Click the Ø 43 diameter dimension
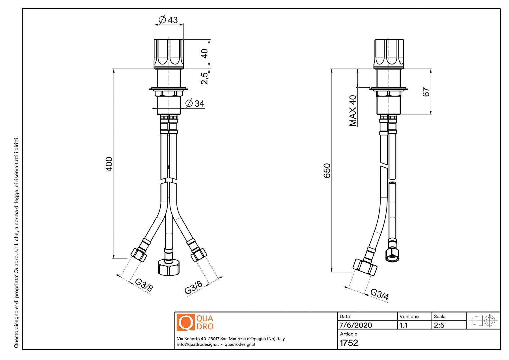pos(169,20)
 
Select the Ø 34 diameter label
pos(195,104)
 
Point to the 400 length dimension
pos(109,164)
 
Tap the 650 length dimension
pos(327,171)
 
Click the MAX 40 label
pos(353,111)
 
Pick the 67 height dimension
pos(426,92)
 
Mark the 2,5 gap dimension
pos(204,78)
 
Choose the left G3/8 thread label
pos(144,285)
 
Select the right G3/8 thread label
pos(193,287)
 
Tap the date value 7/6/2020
pos(355,325)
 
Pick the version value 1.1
pos(404,325)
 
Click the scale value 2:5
pos(439,325)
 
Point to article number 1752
pos(349,343)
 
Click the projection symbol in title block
pos(483,321)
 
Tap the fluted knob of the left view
pos(169,54)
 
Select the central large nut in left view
pos(169,267)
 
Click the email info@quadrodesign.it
pos(198,344)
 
